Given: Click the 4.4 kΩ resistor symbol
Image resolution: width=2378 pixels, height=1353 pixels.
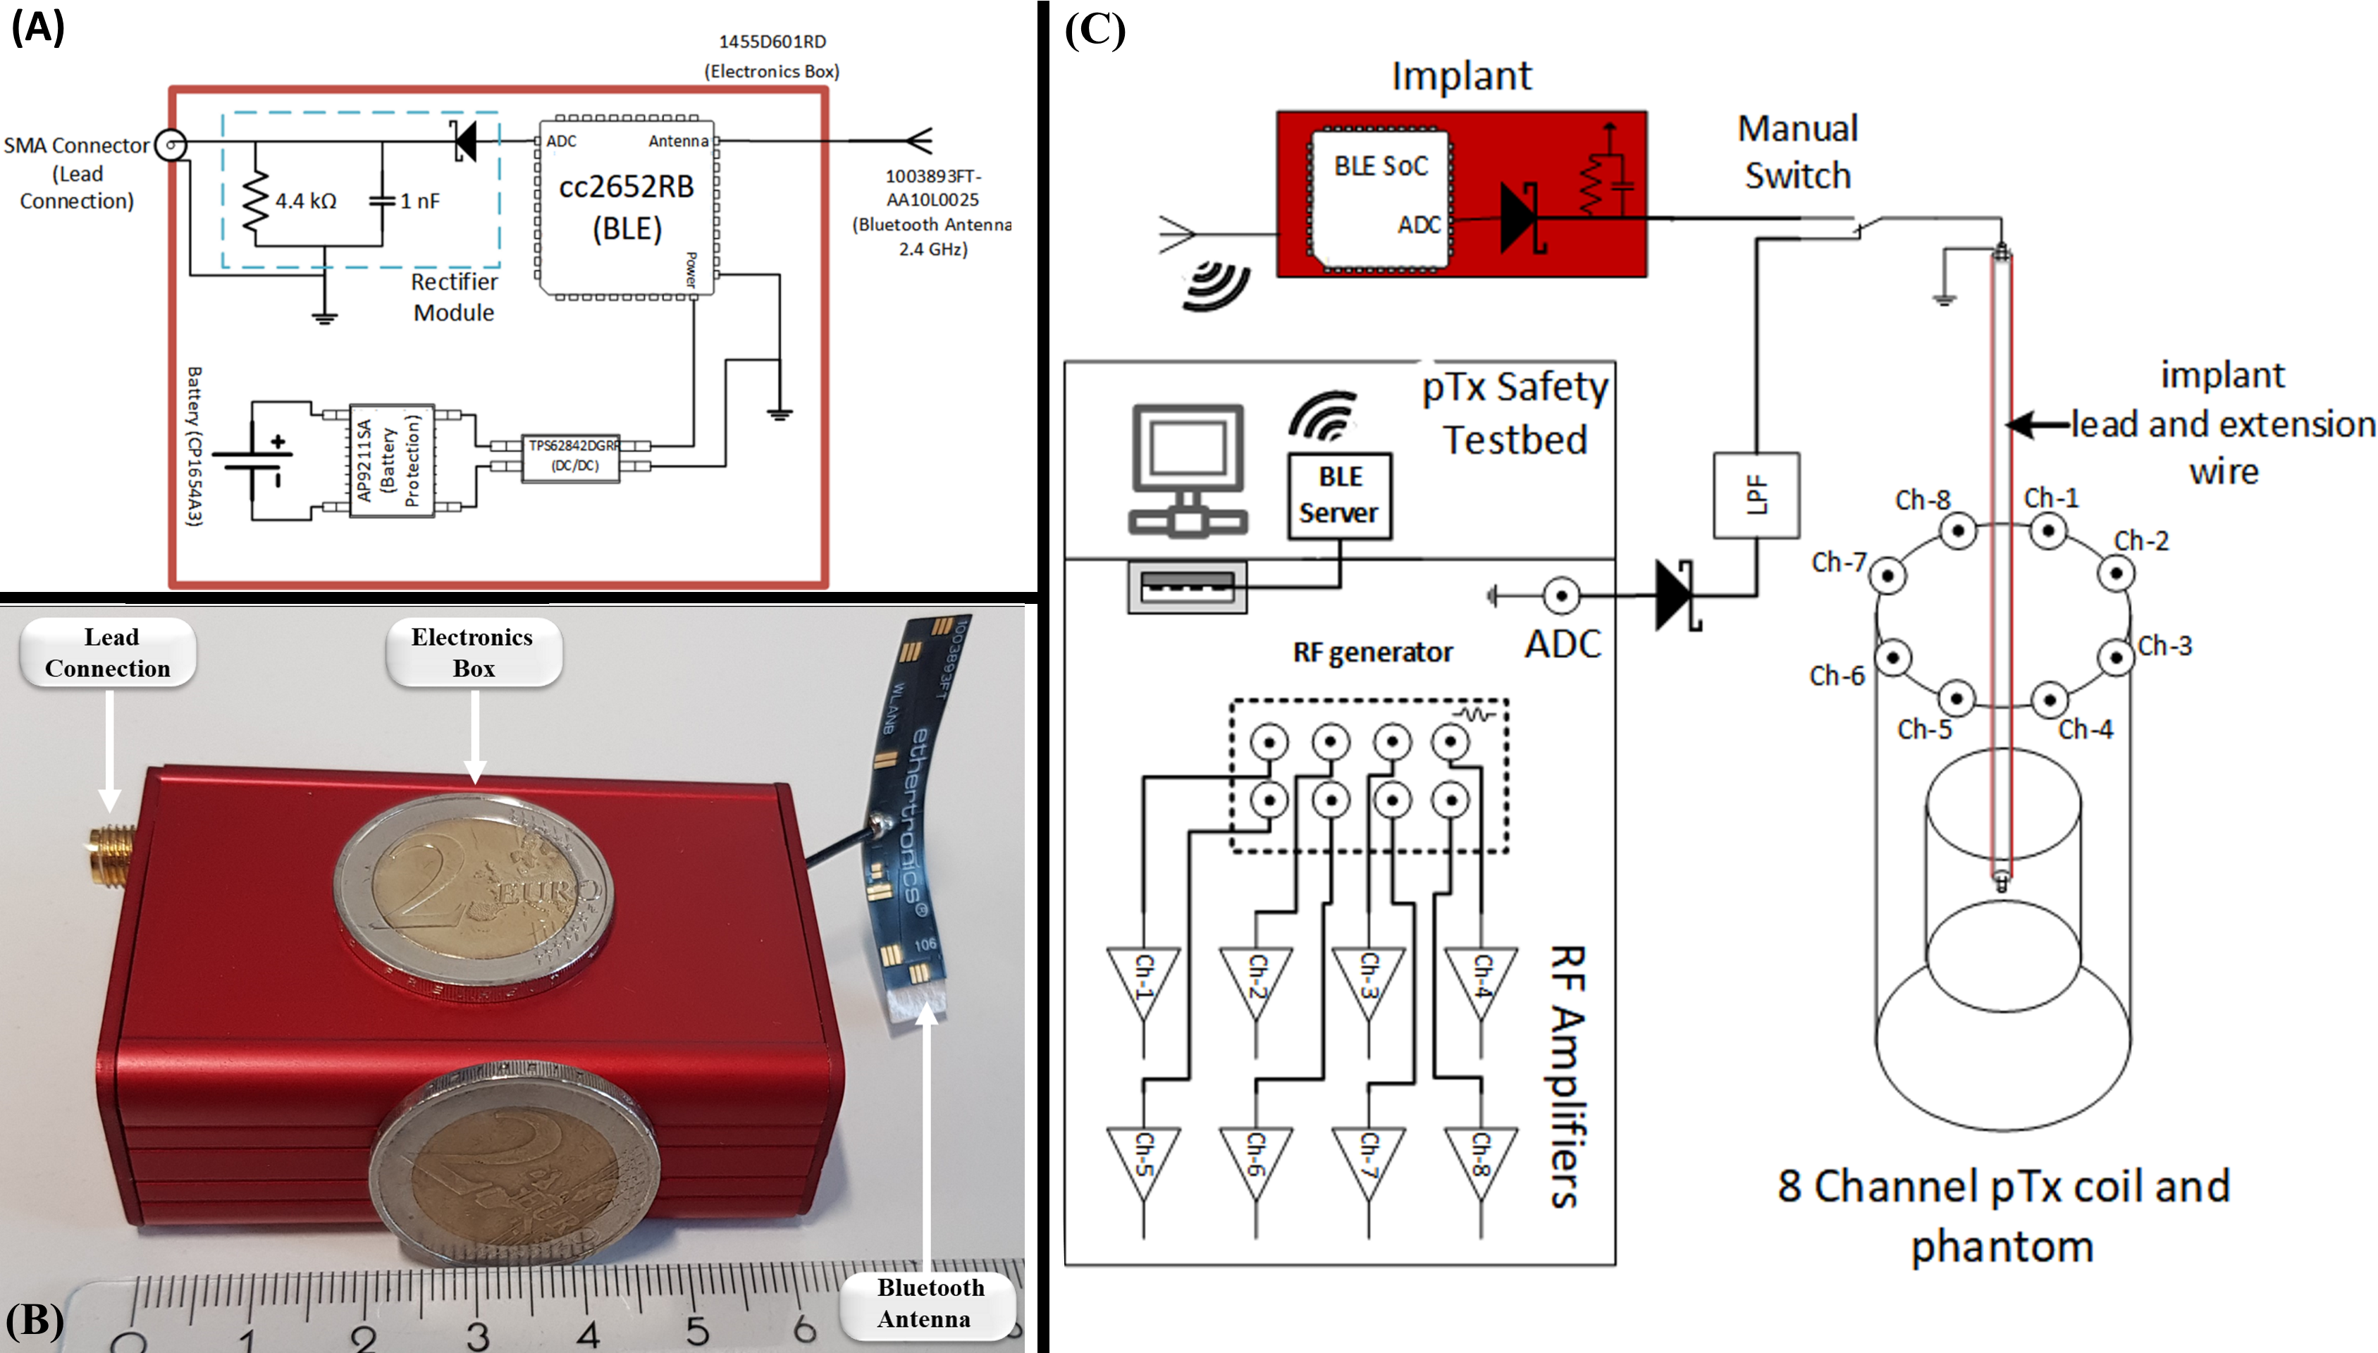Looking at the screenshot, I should pyautogui.click(x=256, y=201).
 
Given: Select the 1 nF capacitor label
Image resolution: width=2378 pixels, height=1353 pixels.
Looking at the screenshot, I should pyautogui.click(x=419, y=201).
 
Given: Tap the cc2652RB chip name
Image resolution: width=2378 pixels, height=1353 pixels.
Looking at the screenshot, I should pyautogui.click(x=627, y=187).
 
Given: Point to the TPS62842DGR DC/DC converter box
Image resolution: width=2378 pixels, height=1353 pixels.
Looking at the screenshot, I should pyautogui.click(x=572, y=456).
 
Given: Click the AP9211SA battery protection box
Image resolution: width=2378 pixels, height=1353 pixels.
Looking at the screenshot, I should pyautogui.click(x=391, y=460).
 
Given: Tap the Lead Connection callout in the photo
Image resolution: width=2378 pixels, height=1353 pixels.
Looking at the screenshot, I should pyautogui.click(x=109, y=653).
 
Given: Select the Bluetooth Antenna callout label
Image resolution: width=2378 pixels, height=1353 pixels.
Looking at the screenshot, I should pyautogui.click(x=928, y=1303).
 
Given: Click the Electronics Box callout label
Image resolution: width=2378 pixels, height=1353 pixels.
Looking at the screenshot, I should pyautogui.click(x=473, y=653).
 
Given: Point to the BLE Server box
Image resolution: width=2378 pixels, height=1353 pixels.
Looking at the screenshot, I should pyautogui.click(x=1339, y=495).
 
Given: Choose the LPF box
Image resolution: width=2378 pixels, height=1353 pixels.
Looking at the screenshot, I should pyautogui.click(x=1756, y=495).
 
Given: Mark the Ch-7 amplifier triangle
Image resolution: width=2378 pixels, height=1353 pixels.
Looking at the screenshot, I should pyautogui.click(x=1368, y=1161).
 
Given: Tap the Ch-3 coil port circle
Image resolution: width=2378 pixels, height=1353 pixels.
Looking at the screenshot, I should pyautogui.click(x=2116, y=657).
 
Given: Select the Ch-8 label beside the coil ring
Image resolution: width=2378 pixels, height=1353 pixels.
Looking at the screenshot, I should pyautogui.click(x=1922, y=500).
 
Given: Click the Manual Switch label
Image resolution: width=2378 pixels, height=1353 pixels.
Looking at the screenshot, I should pyautogui.click(x=1797, y=152).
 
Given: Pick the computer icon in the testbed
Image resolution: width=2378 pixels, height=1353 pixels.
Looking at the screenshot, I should pyautogui.click(x=1188, y=470).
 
